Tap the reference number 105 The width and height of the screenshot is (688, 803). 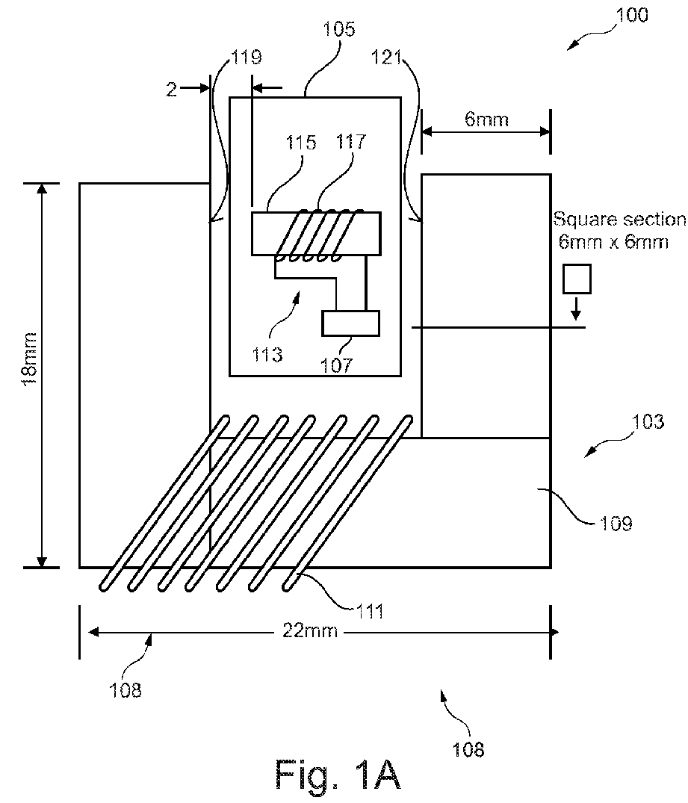click(x=338, y=28)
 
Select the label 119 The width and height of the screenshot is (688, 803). click(x=247, y=57)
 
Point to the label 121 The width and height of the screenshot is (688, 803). click(x=386, y=57)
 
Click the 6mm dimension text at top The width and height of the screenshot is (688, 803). click(x=486, y=120)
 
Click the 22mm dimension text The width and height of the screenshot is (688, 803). click(x=310, y=630)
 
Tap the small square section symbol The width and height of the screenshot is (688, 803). click(x=577, y=279)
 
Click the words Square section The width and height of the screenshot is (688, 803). click(x=619, y=219)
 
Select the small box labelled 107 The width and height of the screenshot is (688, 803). click(x=351, y=323)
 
